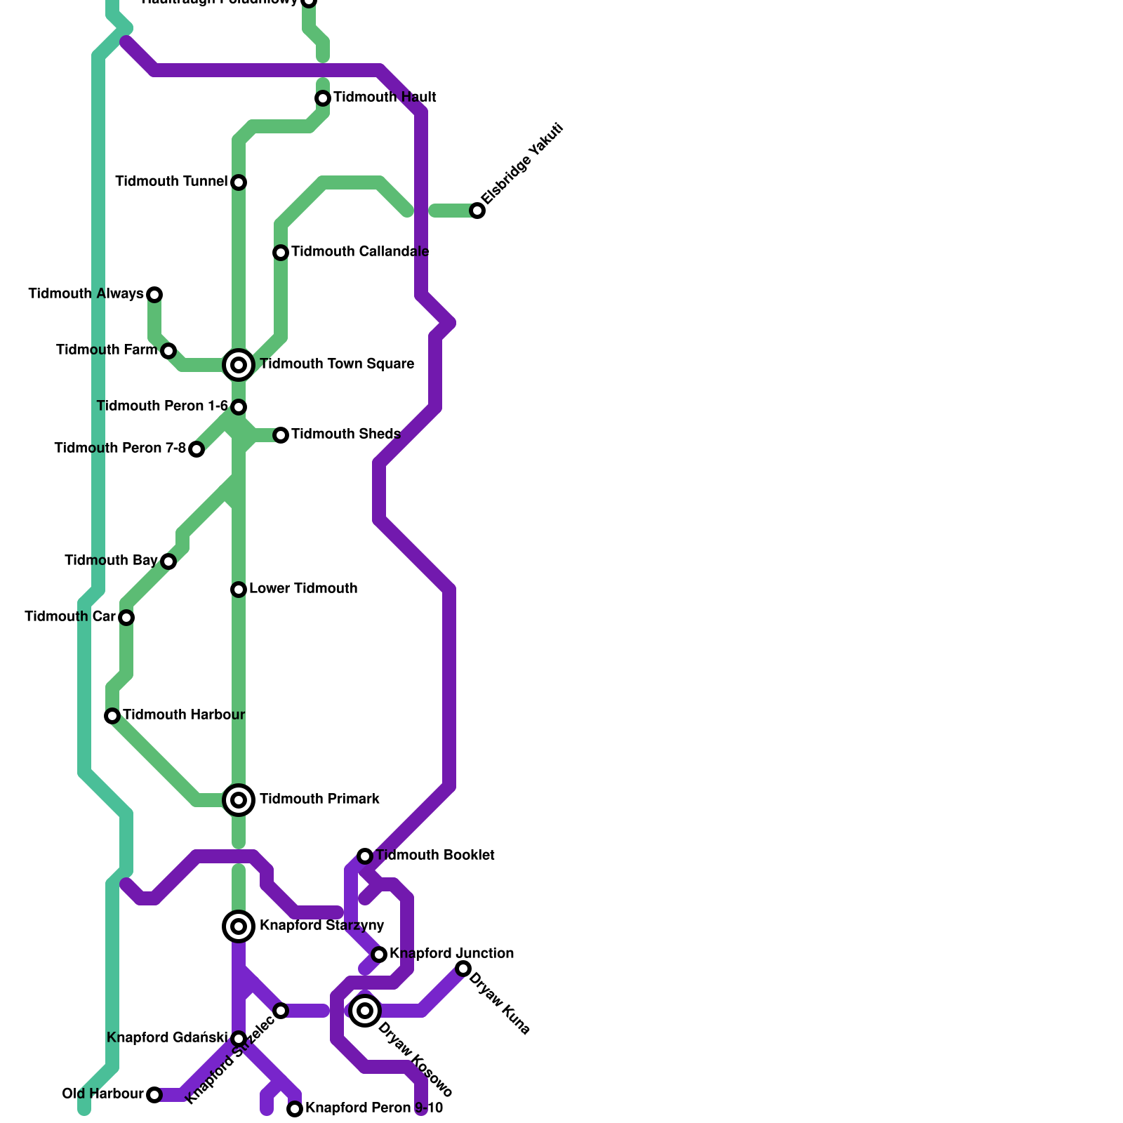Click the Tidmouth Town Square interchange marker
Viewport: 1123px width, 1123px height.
(x=239, y=365)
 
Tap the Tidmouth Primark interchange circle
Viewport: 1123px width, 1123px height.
(x=239, y=800)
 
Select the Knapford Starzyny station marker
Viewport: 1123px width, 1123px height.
(x=239, y=926)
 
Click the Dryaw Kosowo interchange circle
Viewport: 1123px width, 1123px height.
(x=365, y=1011)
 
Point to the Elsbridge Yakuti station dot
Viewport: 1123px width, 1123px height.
(x=477, y=211)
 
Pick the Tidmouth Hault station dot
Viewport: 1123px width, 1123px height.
(x=323, y=98)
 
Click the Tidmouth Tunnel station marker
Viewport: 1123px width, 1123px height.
(x=239, y=182)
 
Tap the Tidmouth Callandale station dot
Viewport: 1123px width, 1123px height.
(x=281, y=253)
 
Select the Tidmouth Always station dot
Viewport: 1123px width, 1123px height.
(x=154, y=295)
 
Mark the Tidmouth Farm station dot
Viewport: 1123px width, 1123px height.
(x=168, y=351)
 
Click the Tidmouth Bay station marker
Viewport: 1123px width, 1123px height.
(x=168, y=561)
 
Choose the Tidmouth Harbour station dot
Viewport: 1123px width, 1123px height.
(x=112, y=716)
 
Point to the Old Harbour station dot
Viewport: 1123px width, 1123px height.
(x=154, y=1095)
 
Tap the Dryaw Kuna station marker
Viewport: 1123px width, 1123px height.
(x=463, y=969)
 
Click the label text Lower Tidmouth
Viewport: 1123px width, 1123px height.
(x=303, y=589)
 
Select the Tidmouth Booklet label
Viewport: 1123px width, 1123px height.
(x=435, y=856)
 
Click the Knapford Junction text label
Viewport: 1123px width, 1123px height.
(x=451, y=954)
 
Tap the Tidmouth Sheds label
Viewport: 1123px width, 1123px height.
(x=345, y=434)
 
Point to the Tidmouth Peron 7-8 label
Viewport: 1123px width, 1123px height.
(x=120, y=448)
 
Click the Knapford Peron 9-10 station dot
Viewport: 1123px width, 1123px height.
(x=295, y=1109)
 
